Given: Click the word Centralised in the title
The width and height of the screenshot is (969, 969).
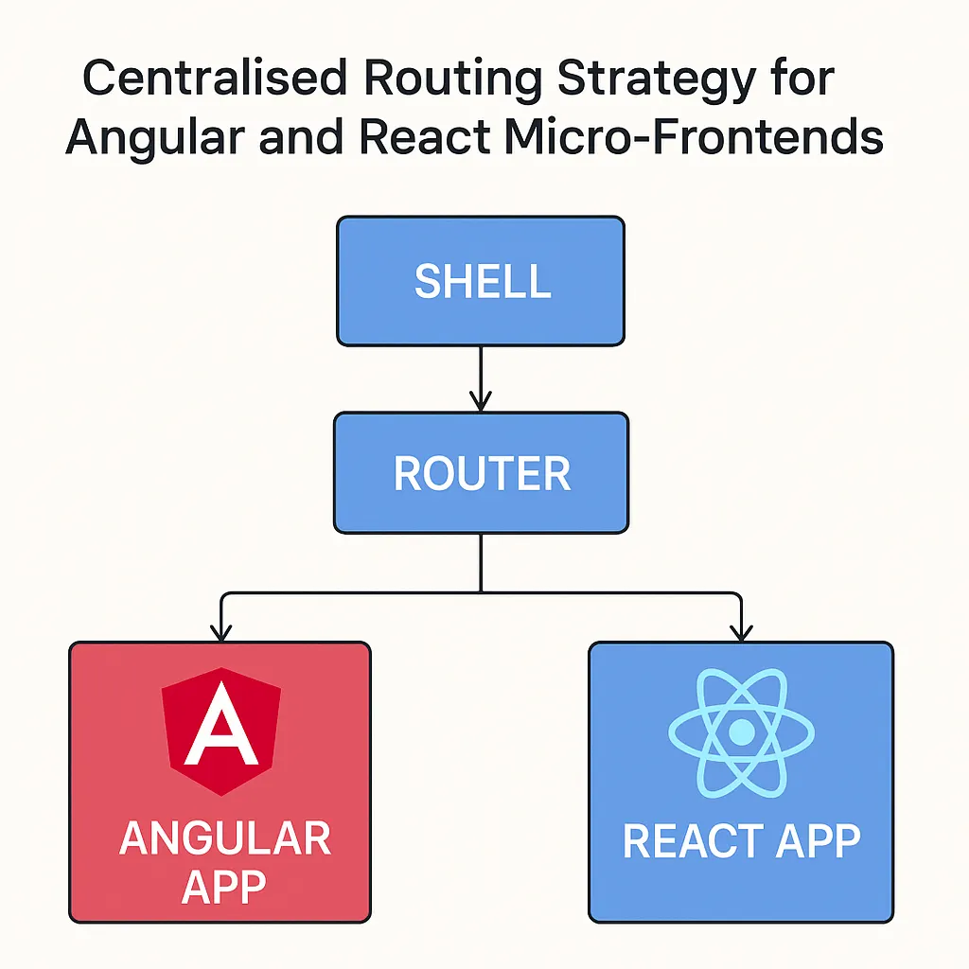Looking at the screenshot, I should tap(215, 79).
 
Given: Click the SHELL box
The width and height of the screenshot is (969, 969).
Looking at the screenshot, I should tap(481, 281).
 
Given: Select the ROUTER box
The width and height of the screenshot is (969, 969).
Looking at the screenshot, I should tap(481, 473).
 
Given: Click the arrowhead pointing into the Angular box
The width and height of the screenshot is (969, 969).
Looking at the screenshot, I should tap(220, 632).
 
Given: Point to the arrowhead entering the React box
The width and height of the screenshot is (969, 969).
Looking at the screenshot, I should tap(742, 632).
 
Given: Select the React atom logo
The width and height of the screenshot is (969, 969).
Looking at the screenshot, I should tap(741, 731).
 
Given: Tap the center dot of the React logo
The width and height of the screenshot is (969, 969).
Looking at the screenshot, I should tap(741, 731).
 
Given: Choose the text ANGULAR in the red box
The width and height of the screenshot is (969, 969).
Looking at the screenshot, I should tap(225, 839).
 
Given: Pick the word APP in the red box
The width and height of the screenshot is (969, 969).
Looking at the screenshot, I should tap(224, 888).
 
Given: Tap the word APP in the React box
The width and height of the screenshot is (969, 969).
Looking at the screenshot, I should tap(819, 841).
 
